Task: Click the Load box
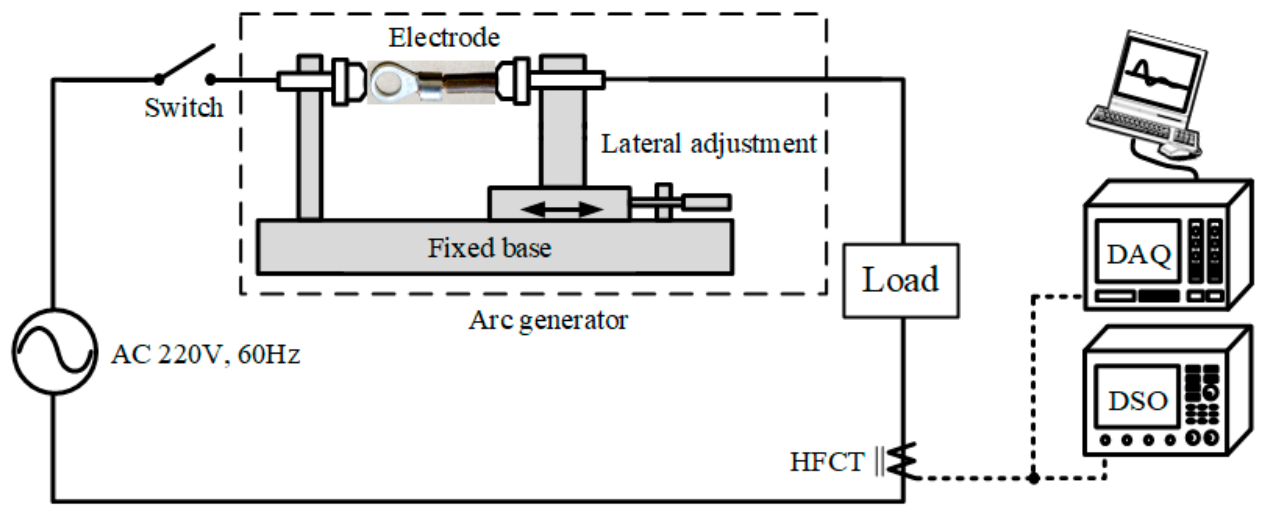tap(900, 280)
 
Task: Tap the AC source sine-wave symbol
tap(55, 351)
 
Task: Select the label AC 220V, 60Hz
tap(206, 354)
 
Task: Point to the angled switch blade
tap(186, 62)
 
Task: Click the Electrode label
tap(444, 37)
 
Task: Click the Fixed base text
tap(489, 247)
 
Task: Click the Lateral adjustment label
tap(709, 144)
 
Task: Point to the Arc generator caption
tap(548, 320)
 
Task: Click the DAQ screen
tap(1138, 253)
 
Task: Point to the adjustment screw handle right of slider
tap(706, 203)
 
